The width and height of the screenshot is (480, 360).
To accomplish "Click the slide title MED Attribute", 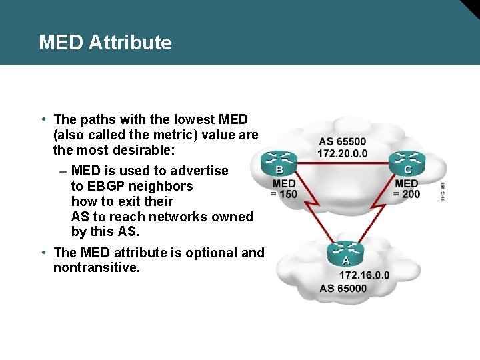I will (105, 43).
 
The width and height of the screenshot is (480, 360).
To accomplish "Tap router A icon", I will (345, 253).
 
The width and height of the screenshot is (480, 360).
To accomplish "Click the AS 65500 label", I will (342, 141).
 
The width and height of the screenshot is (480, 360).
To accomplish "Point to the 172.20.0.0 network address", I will (342, 153).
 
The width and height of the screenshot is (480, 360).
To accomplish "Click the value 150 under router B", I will (288, 194).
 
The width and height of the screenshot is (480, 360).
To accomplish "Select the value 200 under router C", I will (411, 194).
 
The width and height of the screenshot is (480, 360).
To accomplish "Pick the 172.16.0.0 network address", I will (365, 275).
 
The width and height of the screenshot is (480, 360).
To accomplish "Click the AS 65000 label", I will (343, 288).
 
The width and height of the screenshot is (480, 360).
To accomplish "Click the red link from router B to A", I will (310, 207).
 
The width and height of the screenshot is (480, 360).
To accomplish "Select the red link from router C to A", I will (377, 207).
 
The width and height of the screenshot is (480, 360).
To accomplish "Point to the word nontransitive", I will (97, 268).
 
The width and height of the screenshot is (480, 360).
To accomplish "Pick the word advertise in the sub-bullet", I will (198, 171).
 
